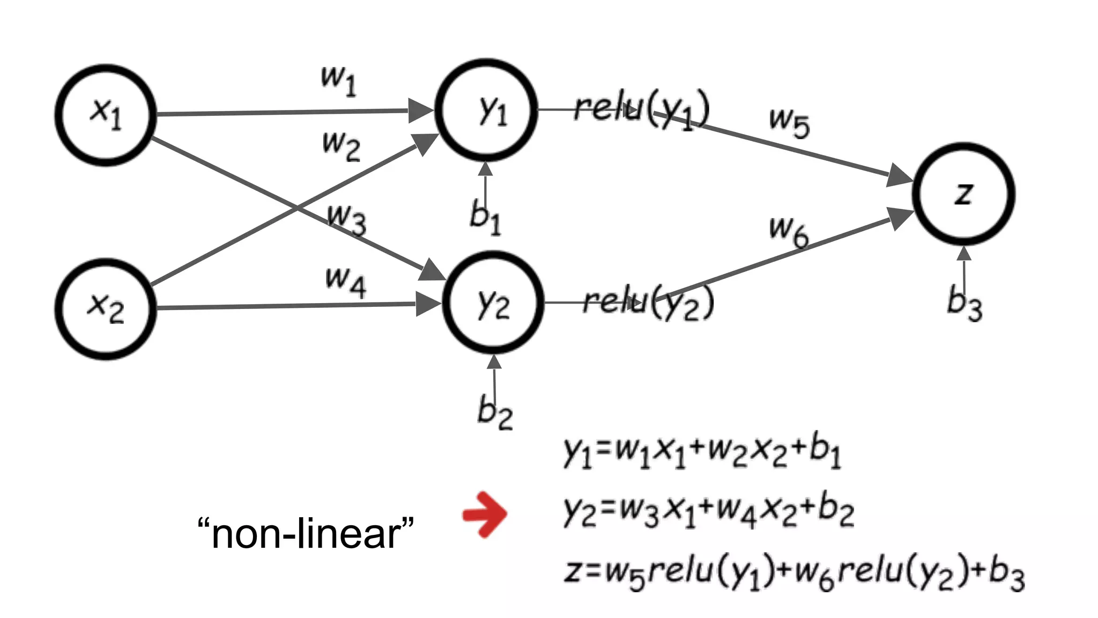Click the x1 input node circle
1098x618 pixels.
(x=106, y=115)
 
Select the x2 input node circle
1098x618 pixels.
(x=106, y=309)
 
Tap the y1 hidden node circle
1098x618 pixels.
(x=486, y=111)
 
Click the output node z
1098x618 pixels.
(x=963, y=194)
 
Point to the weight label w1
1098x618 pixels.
(x=338, y=80)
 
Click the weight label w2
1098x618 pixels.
(x=341, y=146)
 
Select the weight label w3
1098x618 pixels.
(x=347, y=219)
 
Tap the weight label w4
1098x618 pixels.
(x=346, y=281)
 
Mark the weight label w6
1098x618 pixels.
(x=789, y=231)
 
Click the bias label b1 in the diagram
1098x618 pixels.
(x=485, y=218)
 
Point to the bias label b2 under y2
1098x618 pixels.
(x=495, y=412)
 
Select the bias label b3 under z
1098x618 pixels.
(x=964, y=304)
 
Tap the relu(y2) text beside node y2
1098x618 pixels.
(x=648, y=303)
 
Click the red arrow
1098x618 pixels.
(x=485, y=514)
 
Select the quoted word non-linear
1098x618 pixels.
(x=306, y=533)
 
